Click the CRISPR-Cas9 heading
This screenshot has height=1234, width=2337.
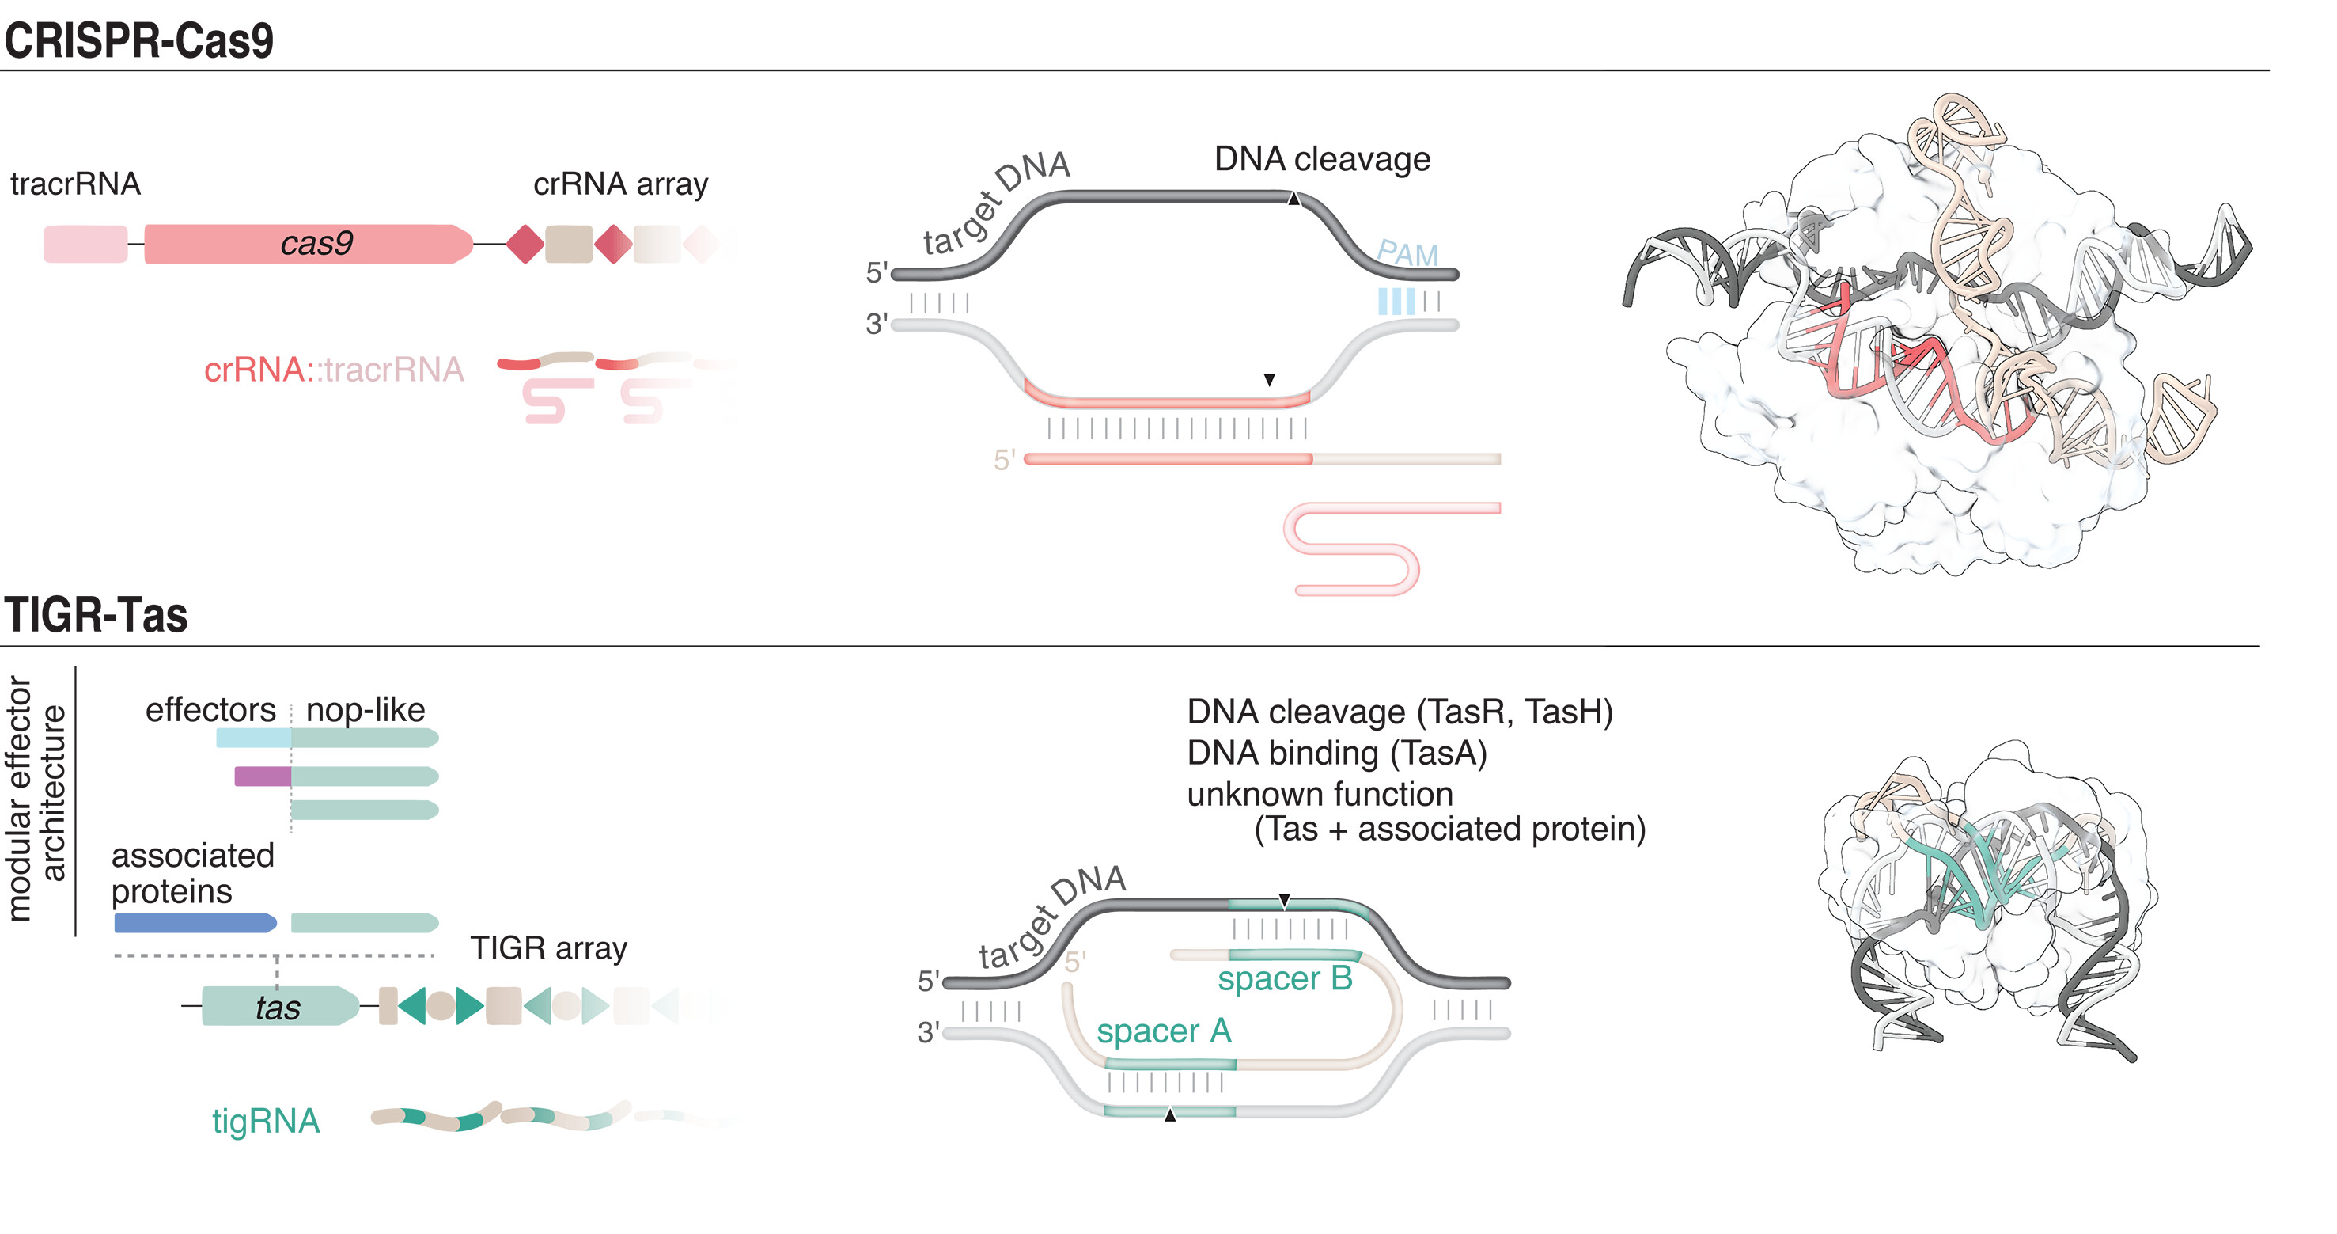click(138, 41)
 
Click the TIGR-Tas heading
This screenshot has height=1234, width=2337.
click(97, 615)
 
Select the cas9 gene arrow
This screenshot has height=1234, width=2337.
click(309, 244)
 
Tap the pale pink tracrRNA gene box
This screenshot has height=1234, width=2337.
click(85, 244)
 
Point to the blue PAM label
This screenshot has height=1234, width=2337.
click(1407, 254)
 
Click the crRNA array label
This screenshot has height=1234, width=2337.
click(620, 184)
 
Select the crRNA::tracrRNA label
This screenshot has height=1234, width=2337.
click(334, 370)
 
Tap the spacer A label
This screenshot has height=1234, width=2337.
click(1164, 1031)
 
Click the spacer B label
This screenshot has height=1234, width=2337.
click(1285, 979)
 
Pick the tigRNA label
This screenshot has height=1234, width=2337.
click(266, 1122)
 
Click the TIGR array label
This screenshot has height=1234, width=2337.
click(549, 948)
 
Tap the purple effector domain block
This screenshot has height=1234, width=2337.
click(262, 776)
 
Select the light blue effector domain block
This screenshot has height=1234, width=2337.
click(253, 738)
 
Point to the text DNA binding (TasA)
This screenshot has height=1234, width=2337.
click(1336, 753)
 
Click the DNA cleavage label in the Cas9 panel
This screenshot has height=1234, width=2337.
click(1322, 160)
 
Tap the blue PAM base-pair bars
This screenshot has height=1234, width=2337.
click(1396, 302)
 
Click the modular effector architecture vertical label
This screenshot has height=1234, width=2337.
click(36, 799)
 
